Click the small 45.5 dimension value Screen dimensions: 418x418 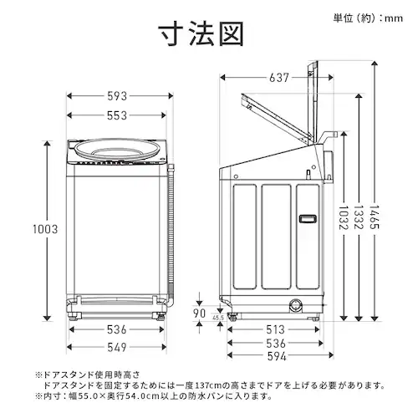218,319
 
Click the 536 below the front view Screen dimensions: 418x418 118,329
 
